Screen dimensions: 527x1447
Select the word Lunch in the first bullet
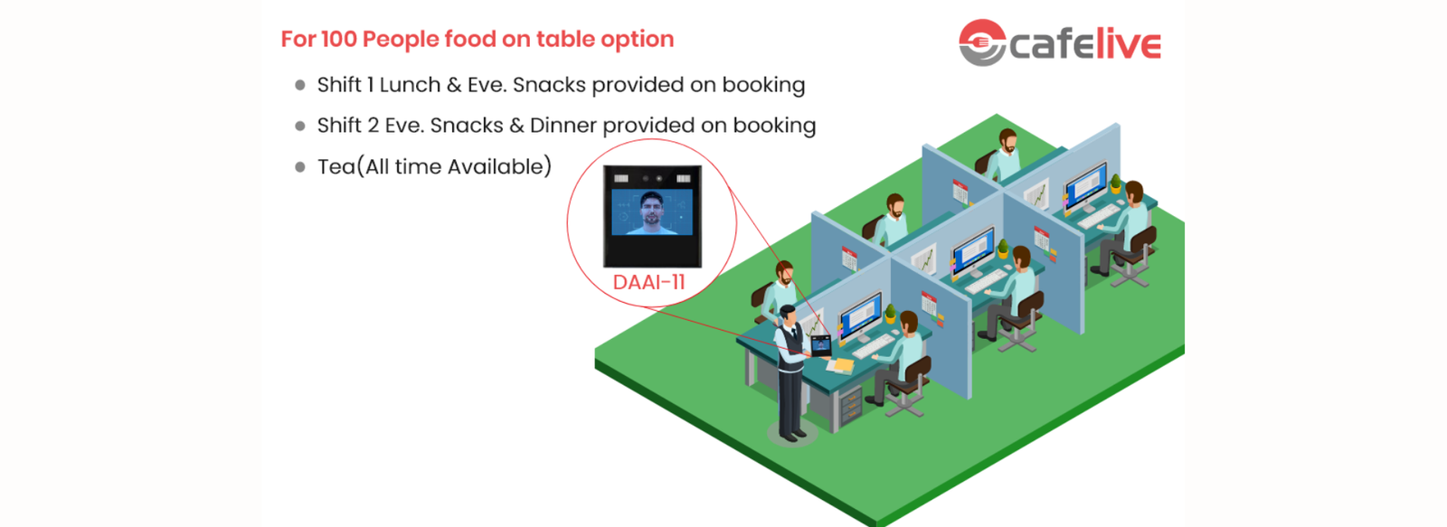(x=409, y=85)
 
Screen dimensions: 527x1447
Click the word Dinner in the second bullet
(x=563, y=126)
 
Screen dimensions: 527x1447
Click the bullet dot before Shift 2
(x=300, y=127)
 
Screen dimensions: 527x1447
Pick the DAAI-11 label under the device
(x=648, y=282)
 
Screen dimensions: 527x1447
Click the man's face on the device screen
(x=651, y=210)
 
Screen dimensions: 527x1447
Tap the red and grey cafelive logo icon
(x=981, y=42)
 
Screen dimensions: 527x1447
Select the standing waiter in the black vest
(x=790, y=371)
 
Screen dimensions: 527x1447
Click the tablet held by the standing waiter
(x=820, y=344)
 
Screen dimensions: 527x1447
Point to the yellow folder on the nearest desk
(x=841, y=364)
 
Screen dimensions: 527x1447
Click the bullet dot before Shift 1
(x=300, y=86)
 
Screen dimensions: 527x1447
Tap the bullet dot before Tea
(x=300, y=167)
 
